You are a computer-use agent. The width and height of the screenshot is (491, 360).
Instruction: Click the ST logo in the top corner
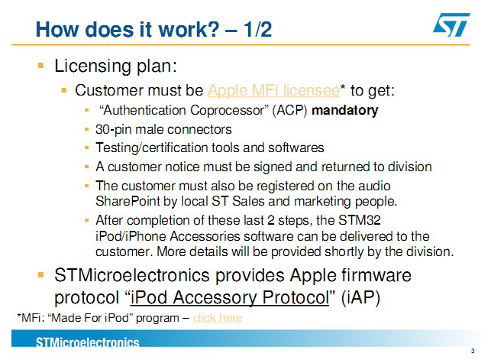[x=451, y=24]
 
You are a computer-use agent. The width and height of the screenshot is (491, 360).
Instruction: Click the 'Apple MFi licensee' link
[x=273, y=90]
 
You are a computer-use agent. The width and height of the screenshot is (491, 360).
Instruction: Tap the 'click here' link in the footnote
[x=218, y=318]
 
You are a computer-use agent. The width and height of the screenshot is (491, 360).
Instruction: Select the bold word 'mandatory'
[x=344, y=110]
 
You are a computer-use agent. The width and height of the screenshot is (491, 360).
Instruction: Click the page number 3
[x=473, y=351]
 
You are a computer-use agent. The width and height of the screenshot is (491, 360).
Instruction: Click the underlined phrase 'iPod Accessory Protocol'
[x=230, y=297]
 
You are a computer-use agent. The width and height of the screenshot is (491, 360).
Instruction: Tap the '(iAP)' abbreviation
[x=360, y=297]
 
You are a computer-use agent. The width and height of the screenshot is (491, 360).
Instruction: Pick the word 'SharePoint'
[x=128, y=201]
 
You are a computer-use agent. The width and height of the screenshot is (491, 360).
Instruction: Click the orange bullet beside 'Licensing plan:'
[x=40, y=66]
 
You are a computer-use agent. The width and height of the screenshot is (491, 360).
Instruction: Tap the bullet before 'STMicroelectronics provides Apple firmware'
[x=40, y=275]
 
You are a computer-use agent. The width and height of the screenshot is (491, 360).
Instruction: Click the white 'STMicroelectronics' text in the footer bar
[x=87, y=342]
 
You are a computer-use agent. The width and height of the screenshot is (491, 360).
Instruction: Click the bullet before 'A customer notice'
[x=87, y=167]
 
